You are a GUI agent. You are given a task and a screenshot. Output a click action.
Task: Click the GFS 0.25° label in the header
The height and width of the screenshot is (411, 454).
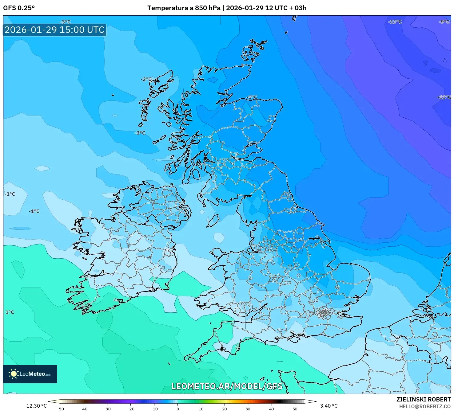click(x=19, y=8)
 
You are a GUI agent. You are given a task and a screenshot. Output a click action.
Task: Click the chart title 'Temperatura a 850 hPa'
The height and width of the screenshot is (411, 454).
click(x=184, y=8)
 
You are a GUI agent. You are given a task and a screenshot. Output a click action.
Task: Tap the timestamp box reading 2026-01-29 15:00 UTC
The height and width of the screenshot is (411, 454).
click(x=55, y=30)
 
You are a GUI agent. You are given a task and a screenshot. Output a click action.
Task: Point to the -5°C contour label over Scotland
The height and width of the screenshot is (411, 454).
click(x=252, y=97)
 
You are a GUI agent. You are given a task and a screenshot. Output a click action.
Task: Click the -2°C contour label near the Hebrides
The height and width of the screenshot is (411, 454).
click(x=146, y=79)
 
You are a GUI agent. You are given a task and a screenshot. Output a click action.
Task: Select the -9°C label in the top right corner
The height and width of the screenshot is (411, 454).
click(x=444, y=22)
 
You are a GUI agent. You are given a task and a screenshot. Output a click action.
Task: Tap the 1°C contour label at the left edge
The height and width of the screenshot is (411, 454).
click(x=10, y=312)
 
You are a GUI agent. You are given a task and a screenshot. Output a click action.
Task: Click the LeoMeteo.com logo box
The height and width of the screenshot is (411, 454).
click(x=30, y=374)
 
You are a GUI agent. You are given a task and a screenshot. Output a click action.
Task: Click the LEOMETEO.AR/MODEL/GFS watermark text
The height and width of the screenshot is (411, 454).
click(x=227, y=386)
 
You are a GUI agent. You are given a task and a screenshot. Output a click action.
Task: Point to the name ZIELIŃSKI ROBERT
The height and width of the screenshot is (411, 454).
click(x=423, y=399)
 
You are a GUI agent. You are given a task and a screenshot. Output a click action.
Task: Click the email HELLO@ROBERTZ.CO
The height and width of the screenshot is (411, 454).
click(x=425, y=406)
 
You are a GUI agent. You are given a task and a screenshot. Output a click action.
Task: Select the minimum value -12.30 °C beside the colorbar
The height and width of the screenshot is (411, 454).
click(x=36, y=406)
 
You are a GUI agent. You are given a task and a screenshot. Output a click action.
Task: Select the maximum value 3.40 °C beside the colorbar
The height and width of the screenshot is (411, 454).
click(x=329, y=406)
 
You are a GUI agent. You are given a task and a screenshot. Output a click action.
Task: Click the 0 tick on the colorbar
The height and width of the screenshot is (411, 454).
click(x=178, y=409)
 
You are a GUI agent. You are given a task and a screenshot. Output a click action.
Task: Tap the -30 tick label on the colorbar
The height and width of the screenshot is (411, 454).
click(x=107, y=409)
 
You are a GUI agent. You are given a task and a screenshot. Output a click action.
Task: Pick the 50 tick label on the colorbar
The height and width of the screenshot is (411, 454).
click(x=295, y=409)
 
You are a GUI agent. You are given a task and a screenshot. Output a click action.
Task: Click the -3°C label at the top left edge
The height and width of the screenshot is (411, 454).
click(x=65, y=22)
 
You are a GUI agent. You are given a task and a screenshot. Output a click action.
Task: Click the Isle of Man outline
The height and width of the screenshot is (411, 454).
click(x=213, y=221)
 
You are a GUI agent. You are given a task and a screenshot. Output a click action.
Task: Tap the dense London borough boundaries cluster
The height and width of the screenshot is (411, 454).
click(x=324, y=313)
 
